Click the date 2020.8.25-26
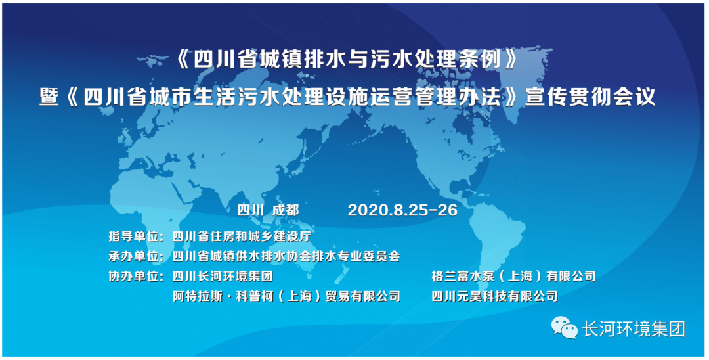402,210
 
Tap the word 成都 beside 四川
285,210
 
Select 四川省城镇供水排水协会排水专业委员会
286,256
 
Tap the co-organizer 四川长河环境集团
222,276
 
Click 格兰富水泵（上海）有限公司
514,276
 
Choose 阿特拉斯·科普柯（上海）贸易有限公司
287,296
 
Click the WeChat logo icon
562,326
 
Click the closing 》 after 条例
519,61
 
